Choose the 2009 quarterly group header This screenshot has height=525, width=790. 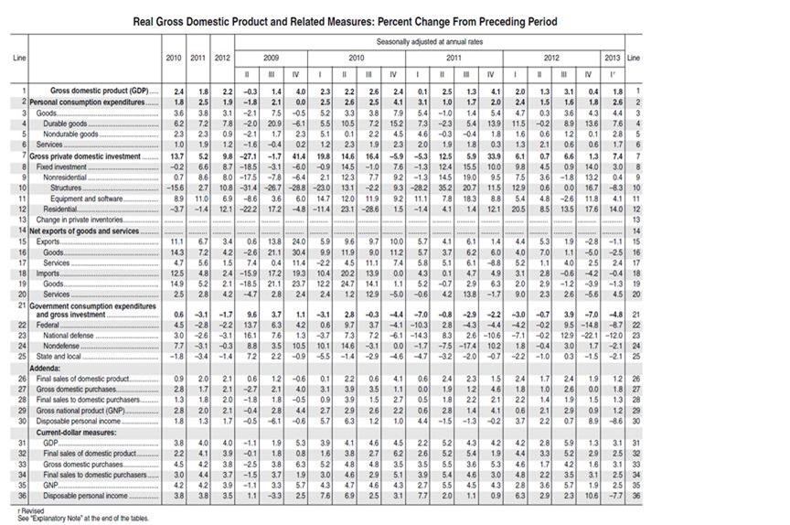[x=269, y=57]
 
